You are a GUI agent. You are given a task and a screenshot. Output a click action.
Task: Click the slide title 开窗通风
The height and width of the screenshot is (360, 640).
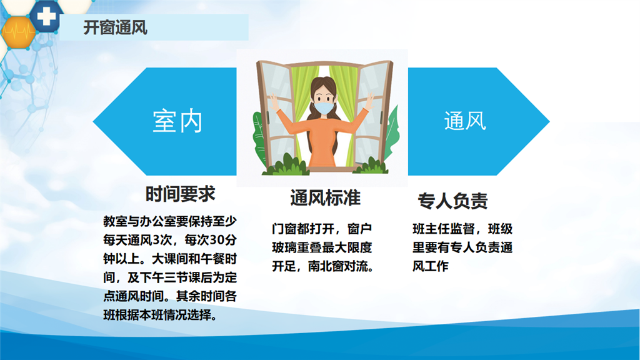pos(115,27)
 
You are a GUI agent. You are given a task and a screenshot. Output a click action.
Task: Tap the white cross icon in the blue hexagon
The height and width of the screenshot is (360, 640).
pos(46,16)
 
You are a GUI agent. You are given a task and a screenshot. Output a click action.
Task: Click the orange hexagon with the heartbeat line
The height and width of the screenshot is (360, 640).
pos(18,31)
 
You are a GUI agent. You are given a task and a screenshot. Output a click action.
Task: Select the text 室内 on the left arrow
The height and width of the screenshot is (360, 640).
pos(177,121)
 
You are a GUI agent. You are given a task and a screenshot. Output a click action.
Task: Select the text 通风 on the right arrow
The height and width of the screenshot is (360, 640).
pos(465,121)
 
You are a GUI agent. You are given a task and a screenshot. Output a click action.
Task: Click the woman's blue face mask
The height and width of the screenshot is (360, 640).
pos(324,107)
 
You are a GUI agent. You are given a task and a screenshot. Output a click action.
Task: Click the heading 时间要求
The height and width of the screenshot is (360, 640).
pos(180,194)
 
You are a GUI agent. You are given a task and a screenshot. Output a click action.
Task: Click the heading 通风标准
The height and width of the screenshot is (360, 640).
pos(325,198)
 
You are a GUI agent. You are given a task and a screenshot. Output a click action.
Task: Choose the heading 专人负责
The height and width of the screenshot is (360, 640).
pos(452,201)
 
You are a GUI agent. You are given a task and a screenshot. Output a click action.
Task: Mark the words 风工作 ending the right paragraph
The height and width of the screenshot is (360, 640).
pos(430,266)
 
